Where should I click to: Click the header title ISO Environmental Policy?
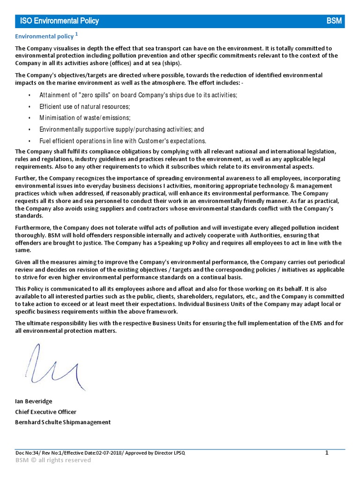(x=59, y=21)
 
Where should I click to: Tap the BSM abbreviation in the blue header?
(x=334, y=21)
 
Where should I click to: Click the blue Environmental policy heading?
(x=44, y=36)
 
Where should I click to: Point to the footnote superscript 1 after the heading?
(x=76, y=34)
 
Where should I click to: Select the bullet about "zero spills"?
(x=138, y=95)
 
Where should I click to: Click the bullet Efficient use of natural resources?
(x=84, y=107)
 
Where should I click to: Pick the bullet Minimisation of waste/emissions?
(x=85, y=118)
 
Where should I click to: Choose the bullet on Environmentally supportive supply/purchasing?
(x=121, y=129)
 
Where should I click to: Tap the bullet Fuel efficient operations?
(x=122, y=141)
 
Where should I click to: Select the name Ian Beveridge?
(x=34, y=401)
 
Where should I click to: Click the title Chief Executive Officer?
(x=45, y=412)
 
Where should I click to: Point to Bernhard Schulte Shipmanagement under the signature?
(x=63, y=422)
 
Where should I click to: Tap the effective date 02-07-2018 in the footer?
(x=110, y=452)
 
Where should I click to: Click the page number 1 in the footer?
(x=327, y=452)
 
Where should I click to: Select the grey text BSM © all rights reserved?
(x=53, y=460)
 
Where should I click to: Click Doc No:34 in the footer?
(x=26, y=452)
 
